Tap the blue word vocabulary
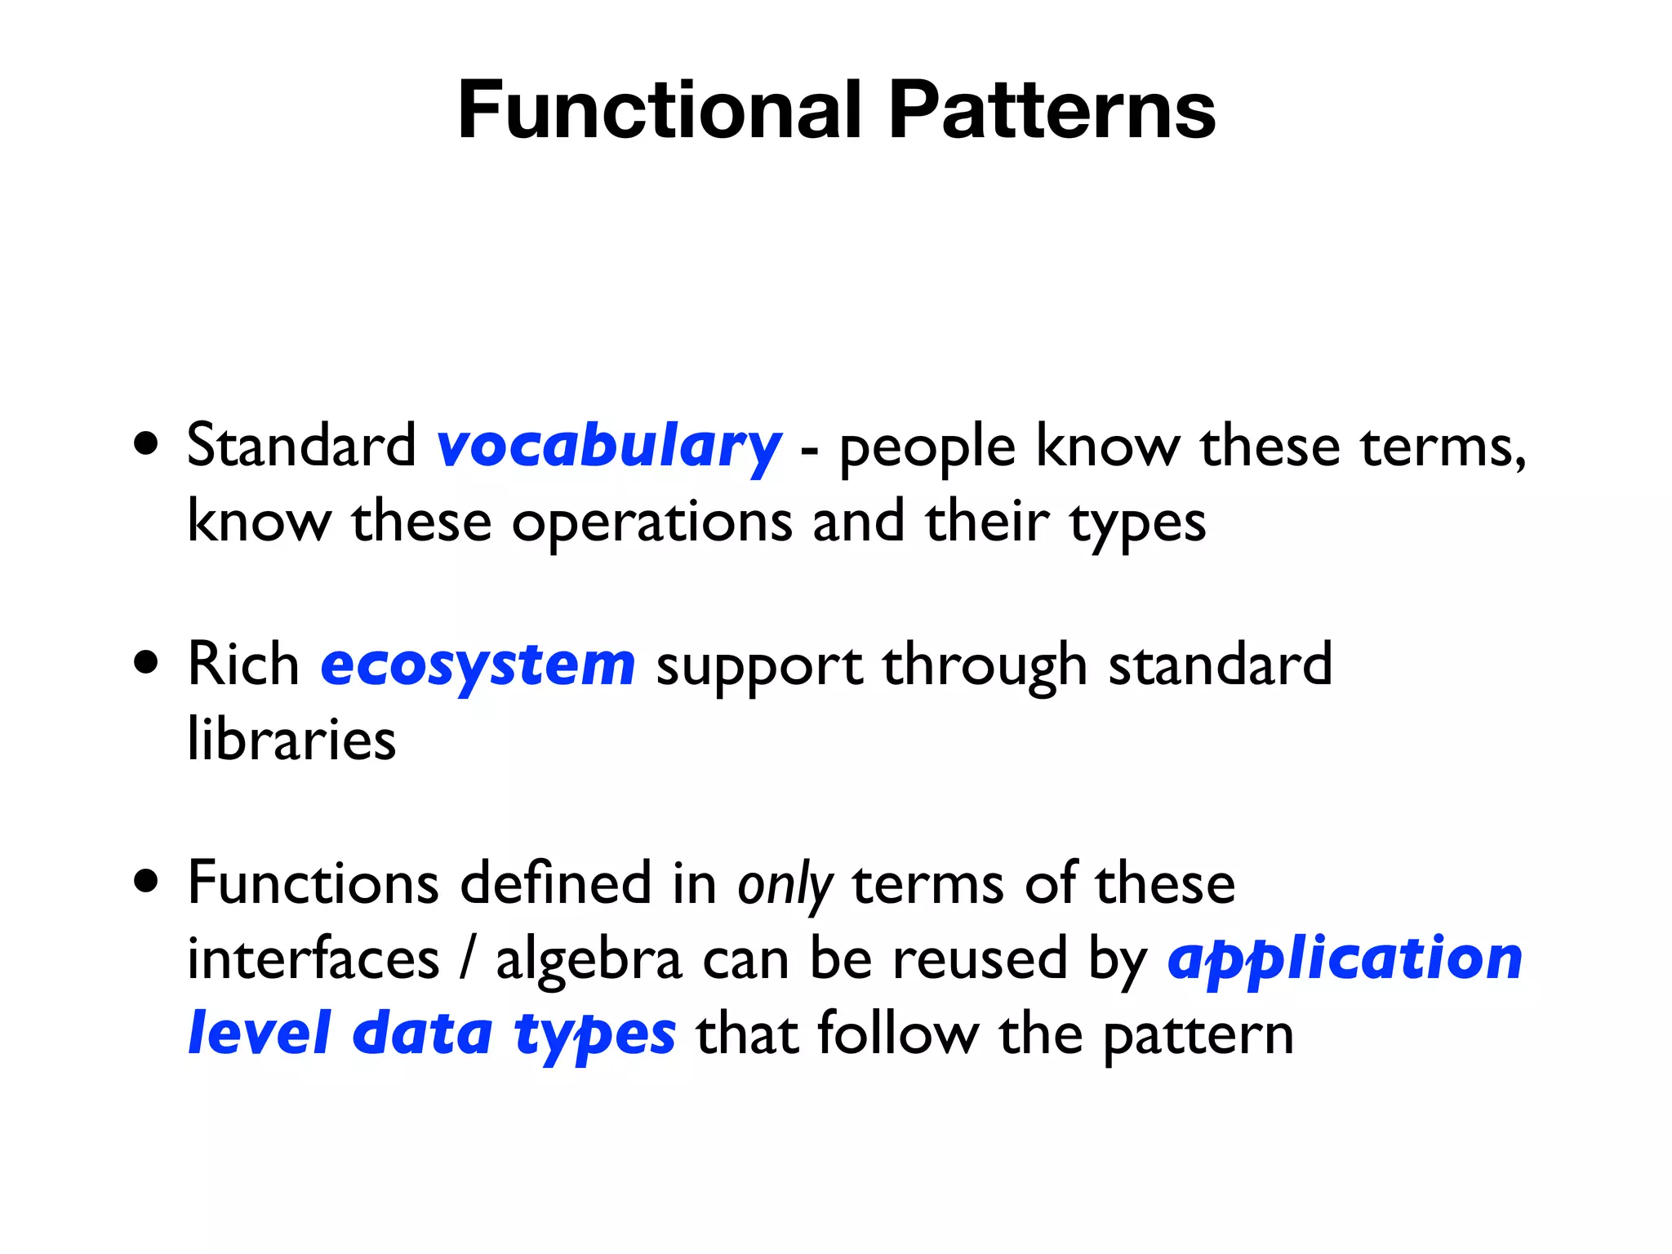point(609,447)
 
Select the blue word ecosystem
point(478,665)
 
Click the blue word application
point(1345,959)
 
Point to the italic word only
point(785,886)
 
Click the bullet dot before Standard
point(146,445)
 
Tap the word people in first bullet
point(927,449)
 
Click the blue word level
point(259,1034)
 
